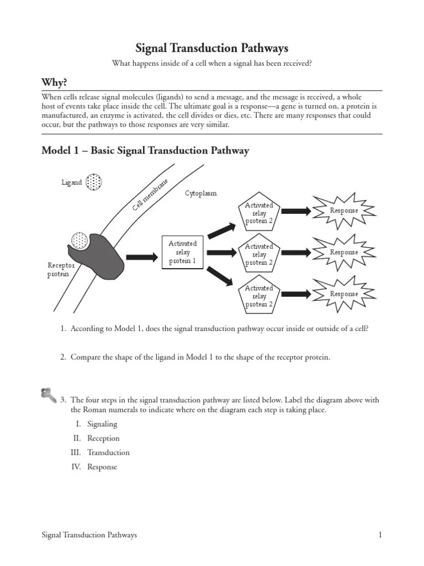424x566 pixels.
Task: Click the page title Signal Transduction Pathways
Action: click(212, 49)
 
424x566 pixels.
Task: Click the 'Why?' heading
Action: click(55, 82)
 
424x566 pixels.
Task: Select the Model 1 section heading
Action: click(146, 150)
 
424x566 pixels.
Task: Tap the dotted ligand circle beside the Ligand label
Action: click(94, 182)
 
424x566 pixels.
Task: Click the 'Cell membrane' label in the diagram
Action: click(150, 195)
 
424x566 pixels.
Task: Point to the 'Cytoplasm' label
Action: click(200, 193)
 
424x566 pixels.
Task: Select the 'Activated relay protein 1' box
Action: click(182, 252)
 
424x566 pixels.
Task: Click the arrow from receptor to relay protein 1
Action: click(141, 257)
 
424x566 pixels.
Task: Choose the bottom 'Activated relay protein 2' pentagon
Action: click(259, 296)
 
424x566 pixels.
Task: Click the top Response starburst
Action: click(344, 211)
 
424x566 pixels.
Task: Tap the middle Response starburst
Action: click(344, 252)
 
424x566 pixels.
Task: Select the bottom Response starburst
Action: click(344, 294)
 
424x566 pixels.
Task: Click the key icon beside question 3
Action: click(49, 395)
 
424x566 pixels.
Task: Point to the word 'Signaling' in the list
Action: click(102, 424)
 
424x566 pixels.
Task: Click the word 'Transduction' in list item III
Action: click(108, 452)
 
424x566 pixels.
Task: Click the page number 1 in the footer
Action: click(380, 535)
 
